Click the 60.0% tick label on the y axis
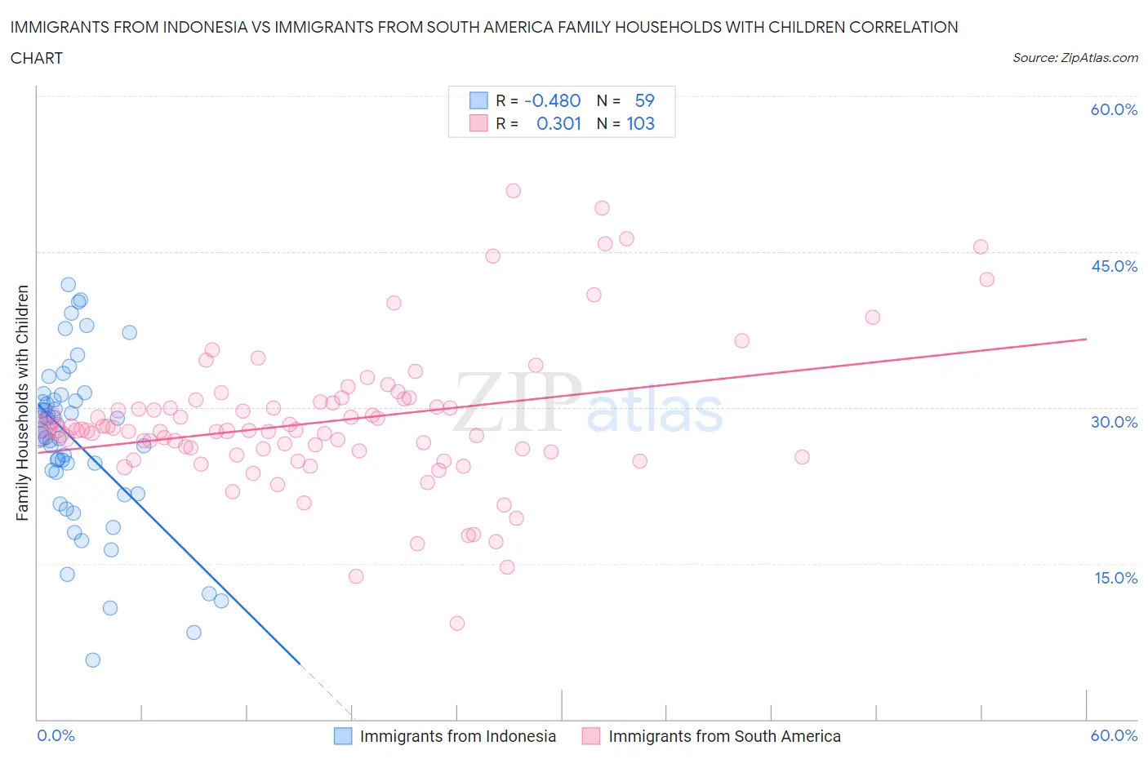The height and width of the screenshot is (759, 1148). [x=1114, y=110]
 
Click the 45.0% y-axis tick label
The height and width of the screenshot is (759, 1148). [x=1114, y=266]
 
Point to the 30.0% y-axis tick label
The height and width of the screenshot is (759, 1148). [x=1114, y=422]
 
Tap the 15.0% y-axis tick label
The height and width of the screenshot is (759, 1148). [x=1114, y=578]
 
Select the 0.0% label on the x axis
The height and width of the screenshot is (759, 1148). [x=56, y=735]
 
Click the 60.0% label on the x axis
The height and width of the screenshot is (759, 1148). [x=1114, y=735]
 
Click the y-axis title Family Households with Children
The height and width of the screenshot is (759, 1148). [x=23, y=402]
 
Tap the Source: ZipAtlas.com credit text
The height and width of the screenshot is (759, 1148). [x=1075, y=58]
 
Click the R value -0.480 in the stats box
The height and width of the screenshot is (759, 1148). [x=553, y=100]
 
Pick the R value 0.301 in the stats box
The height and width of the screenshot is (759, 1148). [x=558, y=123]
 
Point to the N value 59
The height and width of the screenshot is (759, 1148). [x=644, y=100]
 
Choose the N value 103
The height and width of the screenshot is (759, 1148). [x=640, y=123]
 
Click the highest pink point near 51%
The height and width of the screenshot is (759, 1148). [x=513, y=191]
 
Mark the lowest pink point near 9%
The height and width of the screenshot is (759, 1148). [x=457, y=624]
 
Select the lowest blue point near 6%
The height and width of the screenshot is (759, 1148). [x=93, y=660]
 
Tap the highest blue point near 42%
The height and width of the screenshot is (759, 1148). [x=69, y=285]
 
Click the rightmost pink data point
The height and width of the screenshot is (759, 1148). [x=986, y=279]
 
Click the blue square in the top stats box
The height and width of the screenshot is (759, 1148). [x=478, y=100]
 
